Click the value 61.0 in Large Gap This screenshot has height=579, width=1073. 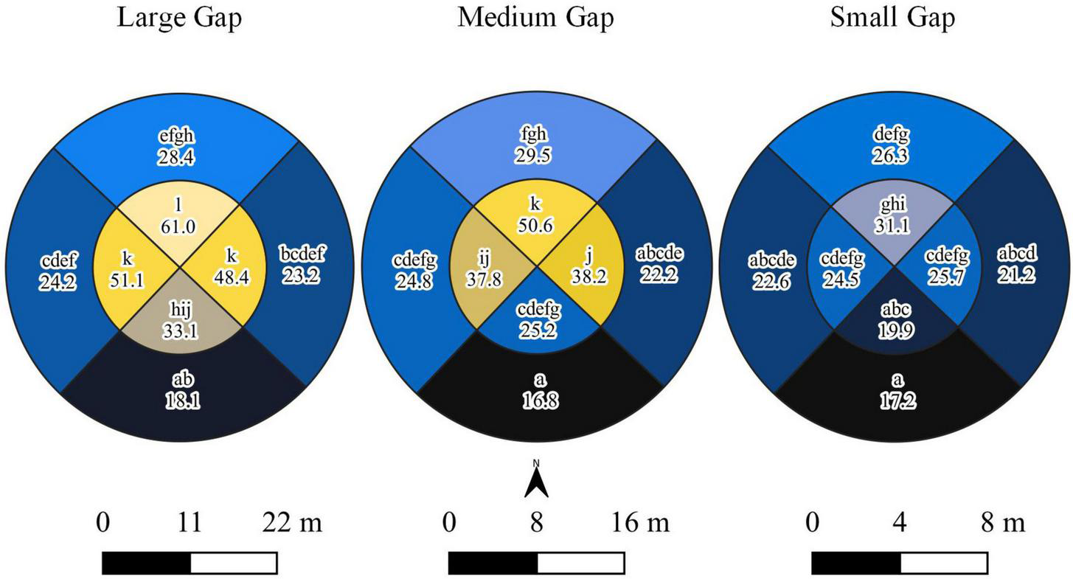tap(178, 227)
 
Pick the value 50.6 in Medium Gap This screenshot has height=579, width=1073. tap(536, 226)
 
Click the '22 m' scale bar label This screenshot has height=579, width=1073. tap(292, 524)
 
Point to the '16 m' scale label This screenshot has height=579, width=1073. tap(639, 524)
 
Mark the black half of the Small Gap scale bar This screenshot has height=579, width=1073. tap(856, 563)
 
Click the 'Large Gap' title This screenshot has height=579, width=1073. tap(179, 18)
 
